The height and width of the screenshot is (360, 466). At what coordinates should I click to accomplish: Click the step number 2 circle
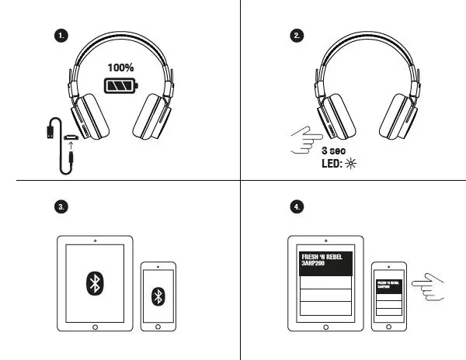(297, 36)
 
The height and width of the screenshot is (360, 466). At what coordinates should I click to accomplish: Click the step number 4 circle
(297, 206)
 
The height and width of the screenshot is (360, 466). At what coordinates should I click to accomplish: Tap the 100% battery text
(121, 67)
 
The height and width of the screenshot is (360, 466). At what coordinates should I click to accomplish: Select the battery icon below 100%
(120, 85)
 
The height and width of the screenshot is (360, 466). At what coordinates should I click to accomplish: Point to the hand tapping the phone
(426, 287)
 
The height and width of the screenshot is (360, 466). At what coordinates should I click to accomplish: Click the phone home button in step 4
(391, 325)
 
